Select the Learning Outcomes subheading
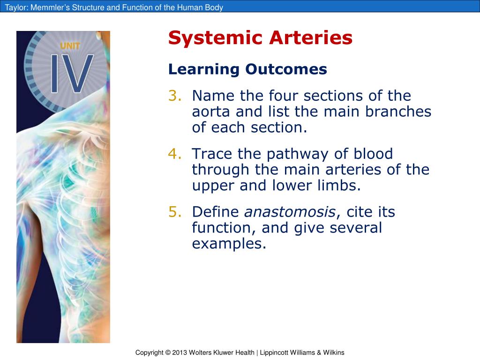[x=247, y=69]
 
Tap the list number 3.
[x=174, y=96]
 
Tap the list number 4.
[x=174, y=154]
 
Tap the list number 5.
[x=174, y=212]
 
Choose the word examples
[x=229, y=244]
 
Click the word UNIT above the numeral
[x=70, y=46]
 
